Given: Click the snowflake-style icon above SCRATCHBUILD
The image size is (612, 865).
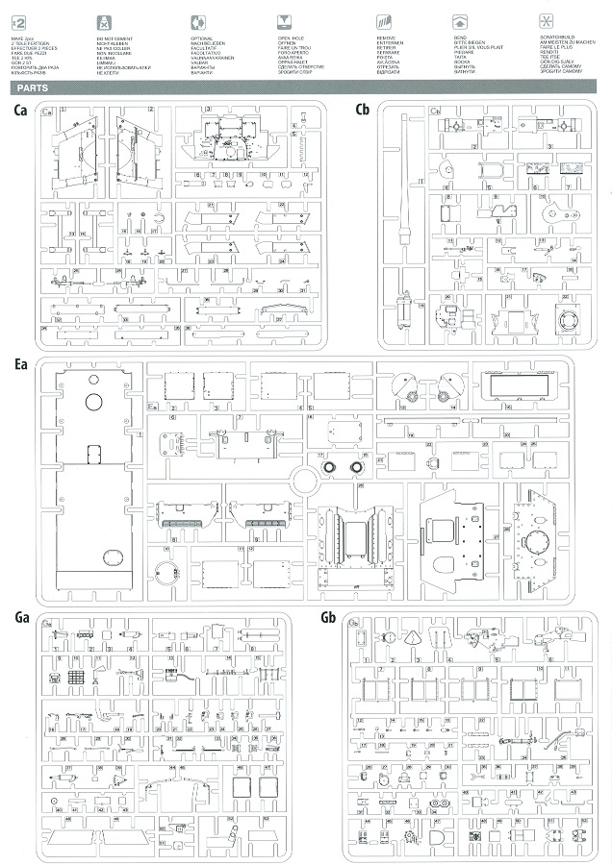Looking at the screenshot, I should click(545, 18).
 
